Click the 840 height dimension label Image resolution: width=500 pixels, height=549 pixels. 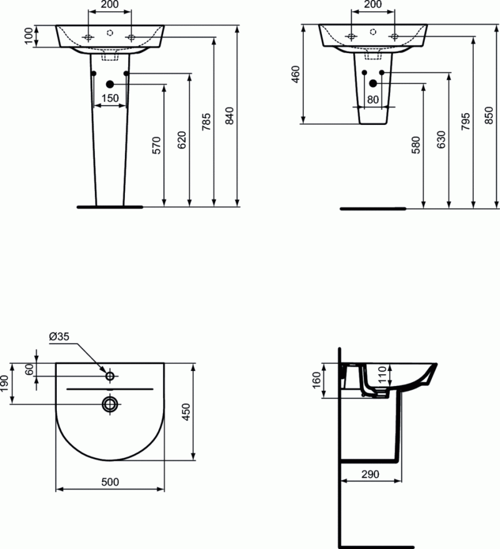pos(229,116)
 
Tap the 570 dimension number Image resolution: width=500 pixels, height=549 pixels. pos(157,145)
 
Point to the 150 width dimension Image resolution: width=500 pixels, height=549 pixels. pos(109,97)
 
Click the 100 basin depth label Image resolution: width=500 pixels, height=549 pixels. pos(28,36)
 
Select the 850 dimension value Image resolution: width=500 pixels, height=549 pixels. pos(490,115)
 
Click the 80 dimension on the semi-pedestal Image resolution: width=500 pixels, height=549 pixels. pos(373,98)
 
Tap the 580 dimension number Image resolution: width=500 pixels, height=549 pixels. pos(416,144)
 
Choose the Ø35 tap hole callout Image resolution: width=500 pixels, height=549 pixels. pos(59,337)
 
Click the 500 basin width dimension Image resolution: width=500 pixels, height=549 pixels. pos(110,482)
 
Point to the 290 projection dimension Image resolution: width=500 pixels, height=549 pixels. pos(371,474)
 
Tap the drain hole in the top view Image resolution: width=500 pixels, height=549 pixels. pos(111,404)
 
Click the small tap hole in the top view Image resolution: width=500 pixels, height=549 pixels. pos(110,376)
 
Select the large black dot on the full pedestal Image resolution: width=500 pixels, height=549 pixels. pos(110,84)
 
